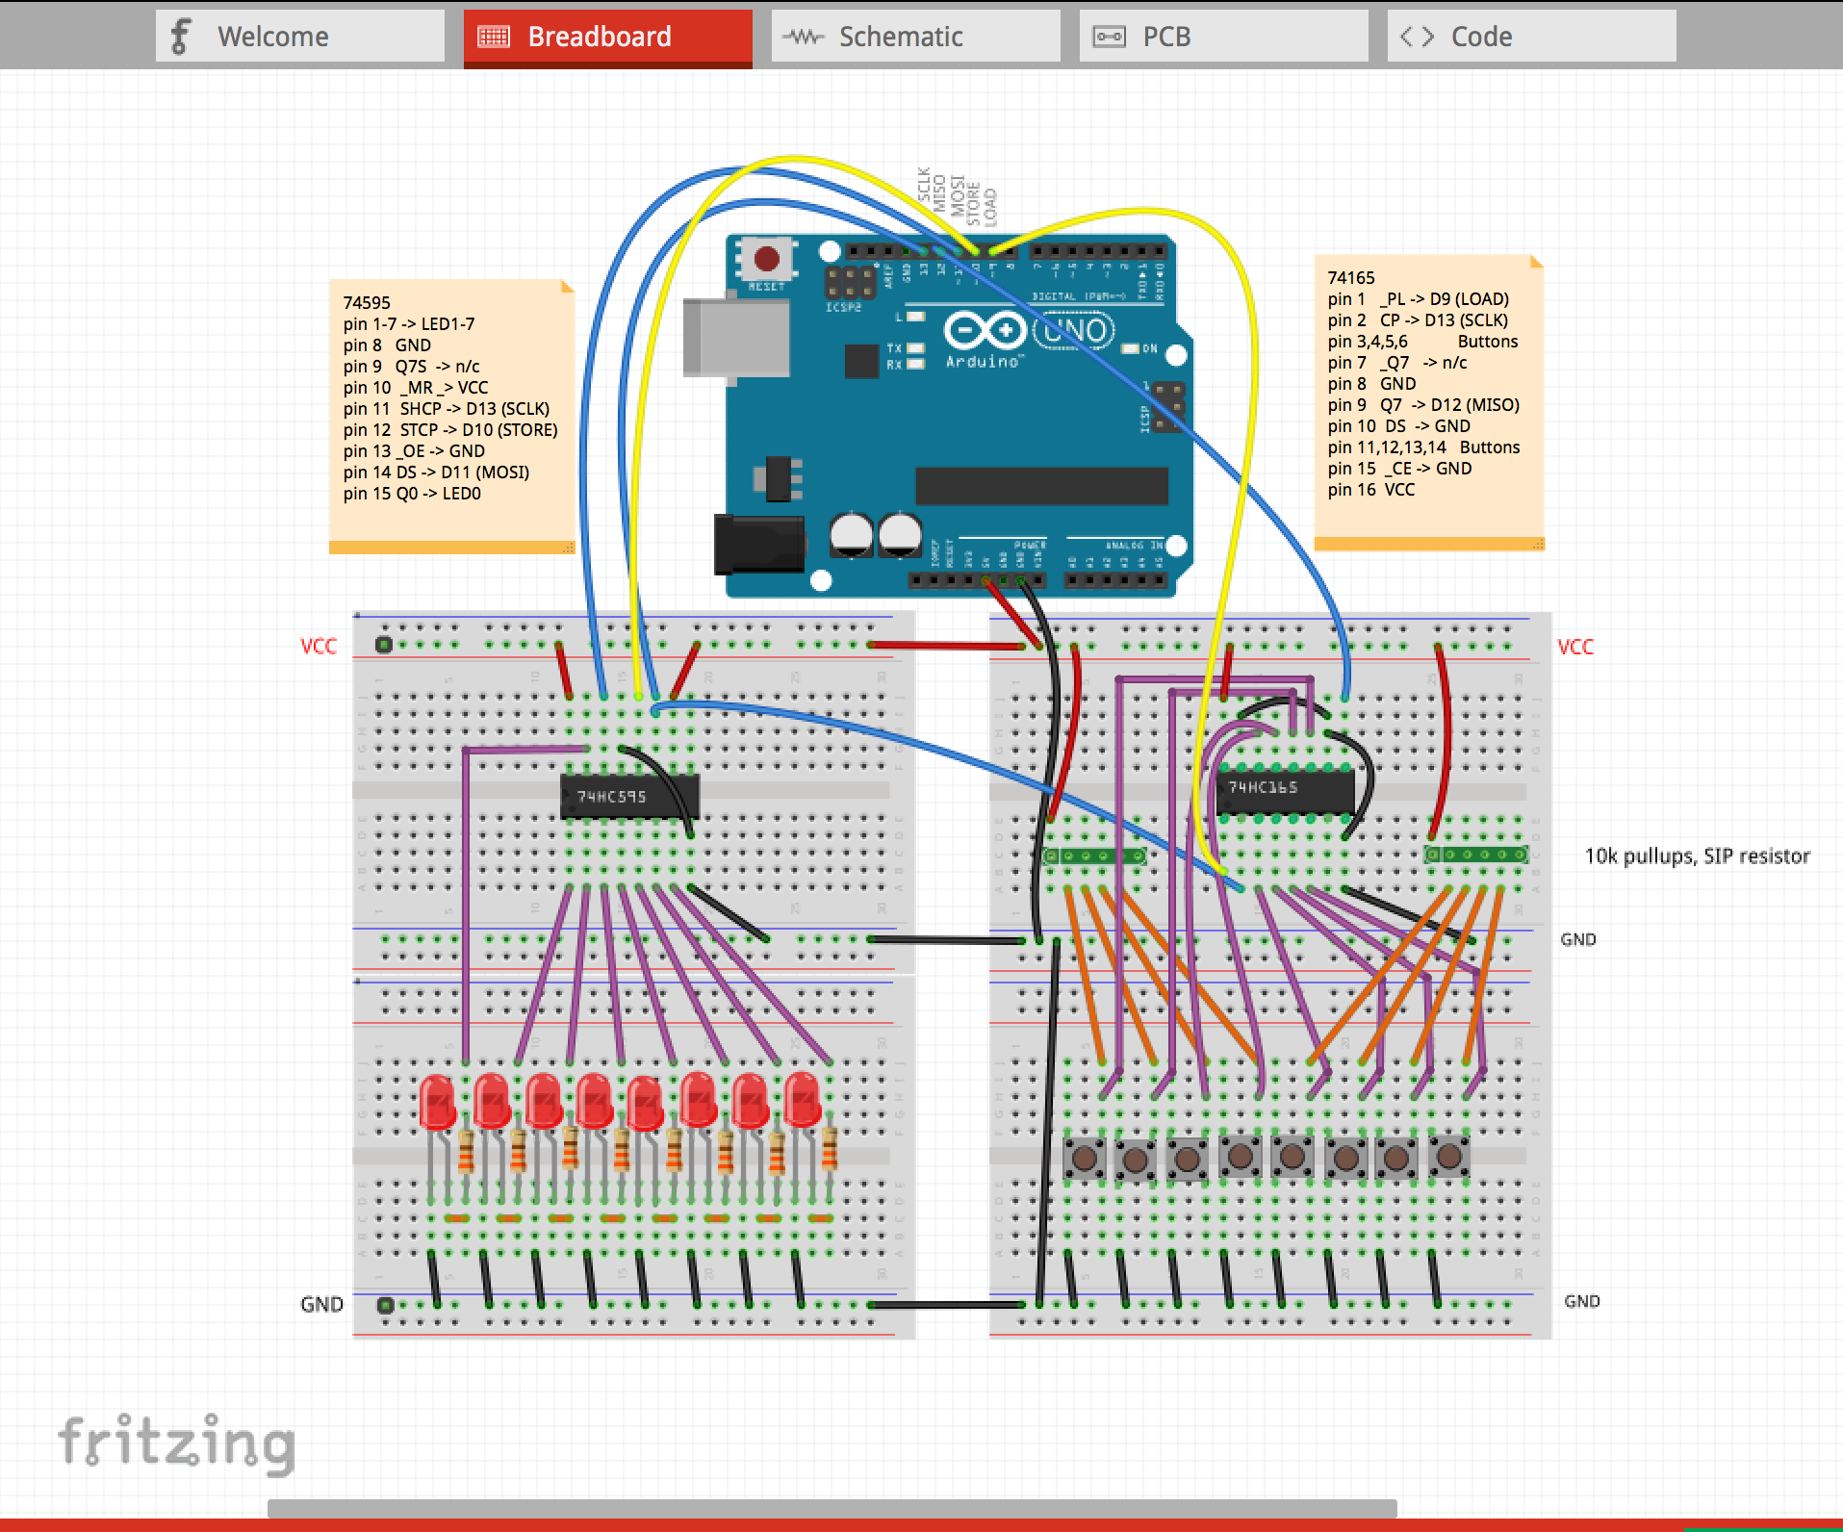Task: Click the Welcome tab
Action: pos(299,37)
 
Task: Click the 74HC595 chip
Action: pos(629,797)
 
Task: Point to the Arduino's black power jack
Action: pos(758,544)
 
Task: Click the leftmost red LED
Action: pos(438,1102)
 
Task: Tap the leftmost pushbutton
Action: pos(1084,1157)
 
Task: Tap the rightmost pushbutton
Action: pos(1448,1156)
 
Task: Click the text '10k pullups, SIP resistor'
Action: pos(1697,856)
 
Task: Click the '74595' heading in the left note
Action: pos(367,302)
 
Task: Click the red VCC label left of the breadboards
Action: pos(319,646)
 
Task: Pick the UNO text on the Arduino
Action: pos(1075,331)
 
